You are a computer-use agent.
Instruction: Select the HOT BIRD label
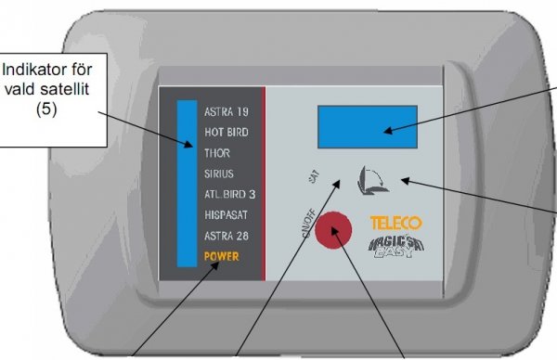[226, 133]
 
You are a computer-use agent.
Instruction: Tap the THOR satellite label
[216, 153]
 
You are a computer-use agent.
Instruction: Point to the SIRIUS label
[219, 174]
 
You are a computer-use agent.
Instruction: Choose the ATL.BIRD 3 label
[230, 195]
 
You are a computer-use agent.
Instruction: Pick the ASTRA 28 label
[226, 236]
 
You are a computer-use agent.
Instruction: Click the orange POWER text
[223, 255]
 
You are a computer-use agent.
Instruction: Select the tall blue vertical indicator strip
[187, 176]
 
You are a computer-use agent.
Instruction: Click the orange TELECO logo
[395, 224]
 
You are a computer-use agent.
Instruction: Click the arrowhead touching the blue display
[385, 131]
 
